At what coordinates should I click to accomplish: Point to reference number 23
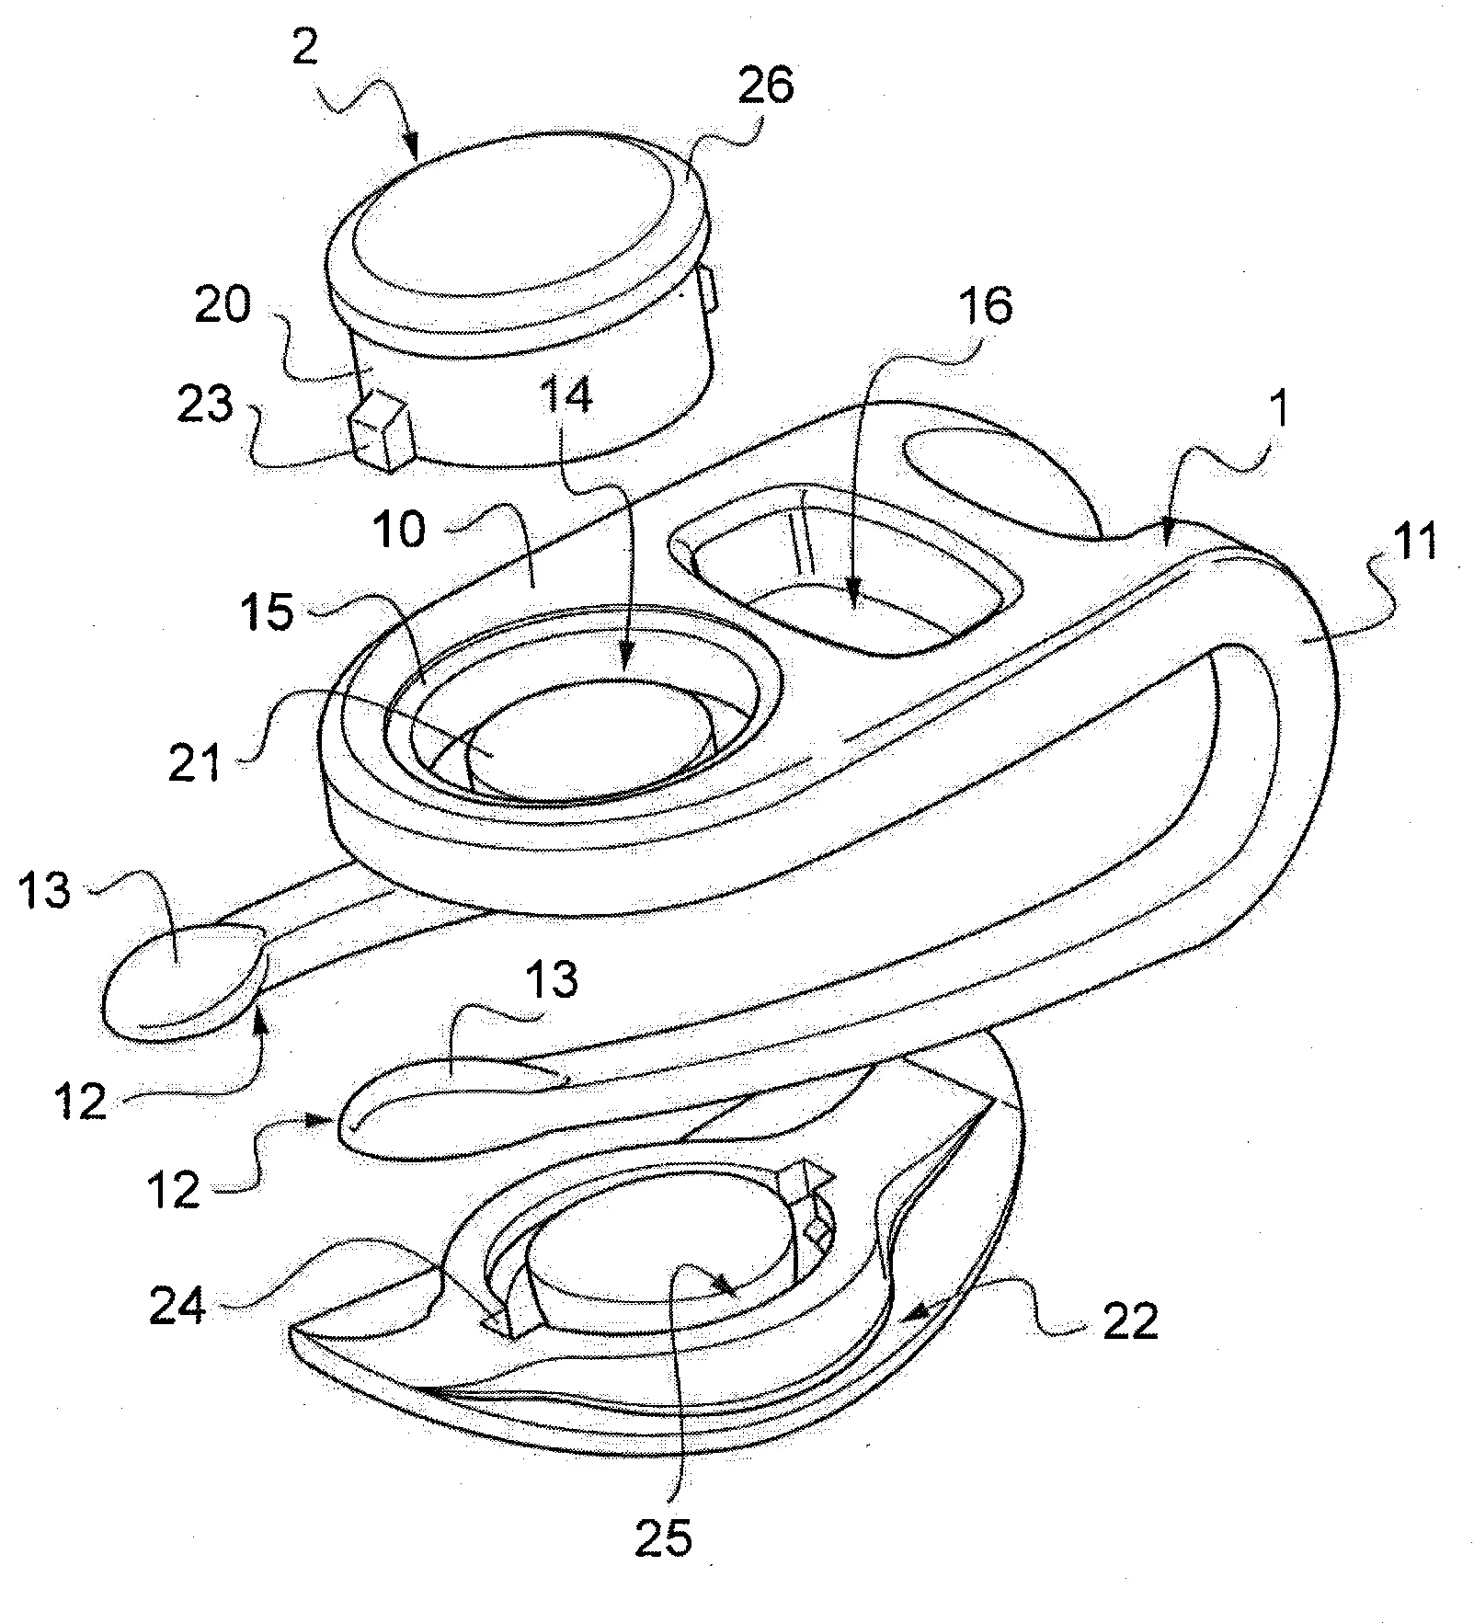pos(205,406)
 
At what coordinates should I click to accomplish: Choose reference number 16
pos(984,306)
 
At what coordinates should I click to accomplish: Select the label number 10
pos(400,531)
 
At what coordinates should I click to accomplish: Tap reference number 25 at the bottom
pos(663,1535)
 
